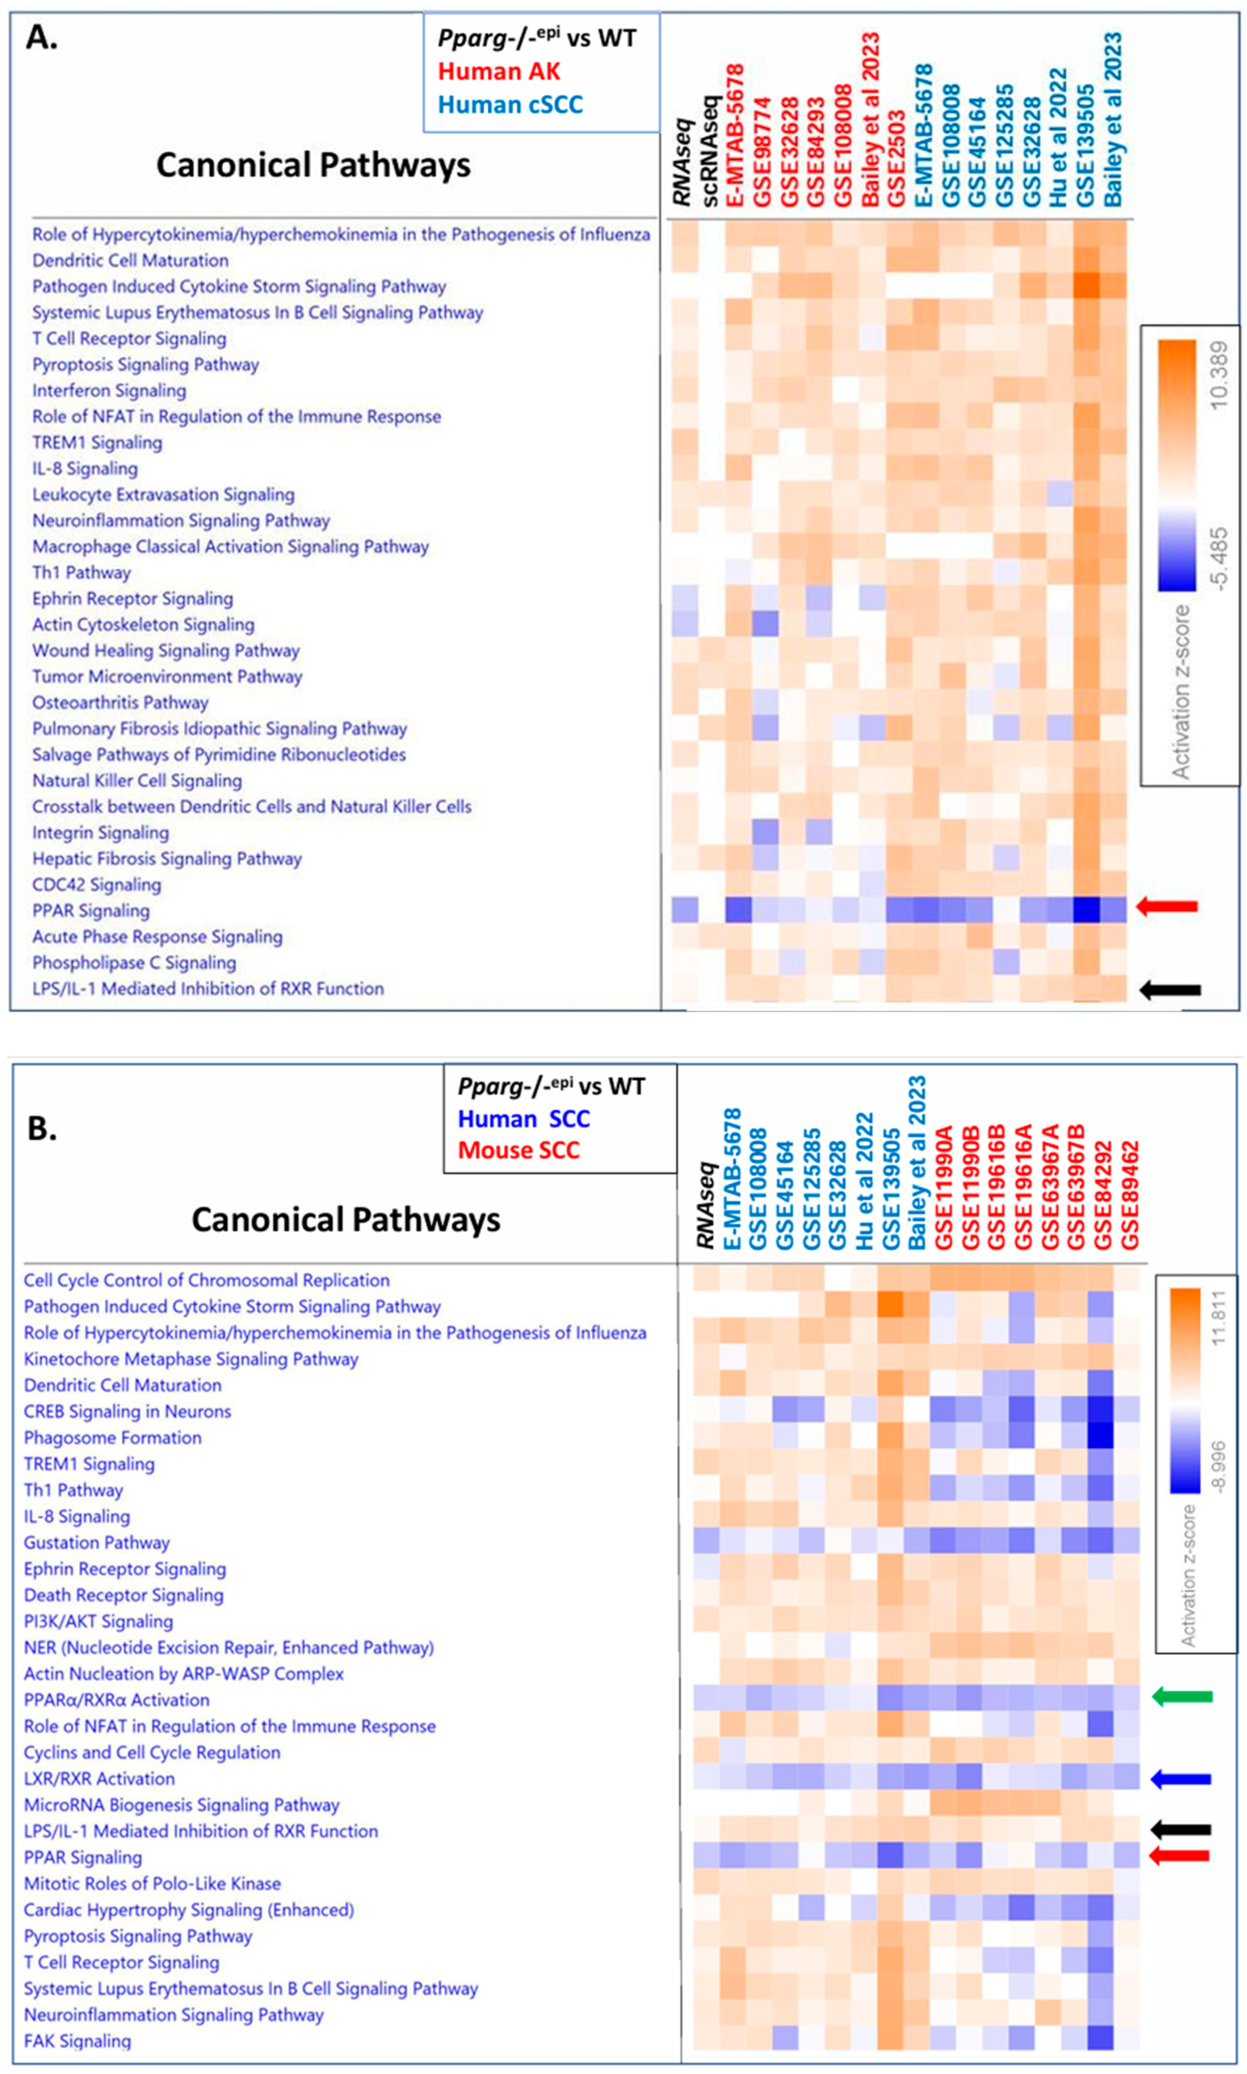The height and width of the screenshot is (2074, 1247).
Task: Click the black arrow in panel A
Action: (1170, 991)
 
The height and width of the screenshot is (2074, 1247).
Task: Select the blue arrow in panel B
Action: (1181, 1778)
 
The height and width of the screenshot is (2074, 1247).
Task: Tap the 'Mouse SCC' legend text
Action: (518, 1150)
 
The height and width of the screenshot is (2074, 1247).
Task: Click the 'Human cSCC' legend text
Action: (510, 105)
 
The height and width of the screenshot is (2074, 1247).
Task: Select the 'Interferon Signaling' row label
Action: (109, 391)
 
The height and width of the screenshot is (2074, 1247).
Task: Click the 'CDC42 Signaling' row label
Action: (97, 885)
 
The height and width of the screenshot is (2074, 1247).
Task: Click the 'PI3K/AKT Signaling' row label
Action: (98, 1621)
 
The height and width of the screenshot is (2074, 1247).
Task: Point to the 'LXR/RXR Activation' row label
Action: (99, 1778)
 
